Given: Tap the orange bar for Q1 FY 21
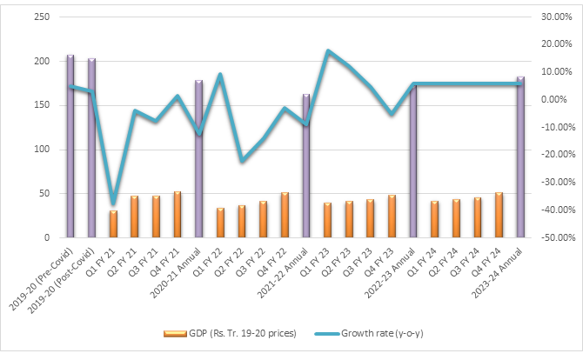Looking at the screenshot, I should pyautogui.click(x=113, y=224).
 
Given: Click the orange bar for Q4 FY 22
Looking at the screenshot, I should pyautogui.click(x=285, y=215).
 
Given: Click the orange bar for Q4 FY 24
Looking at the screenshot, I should pyautogui.click(x=499, y=215).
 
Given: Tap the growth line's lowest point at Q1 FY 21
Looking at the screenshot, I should pyautogui.click(x=113, y=203).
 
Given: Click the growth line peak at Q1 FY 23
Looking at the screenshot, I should pyautogui.click(x=328, y=51).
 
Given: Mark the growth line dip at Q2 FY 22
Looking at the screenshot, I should pyautogui.click(x=242, y=160).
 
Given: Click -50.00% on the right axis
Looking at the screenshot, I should pyautogui.click(x=551, y=237).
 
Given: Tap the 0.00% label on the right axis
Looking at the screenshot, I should pyautogui.click(x=553, y=100).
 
